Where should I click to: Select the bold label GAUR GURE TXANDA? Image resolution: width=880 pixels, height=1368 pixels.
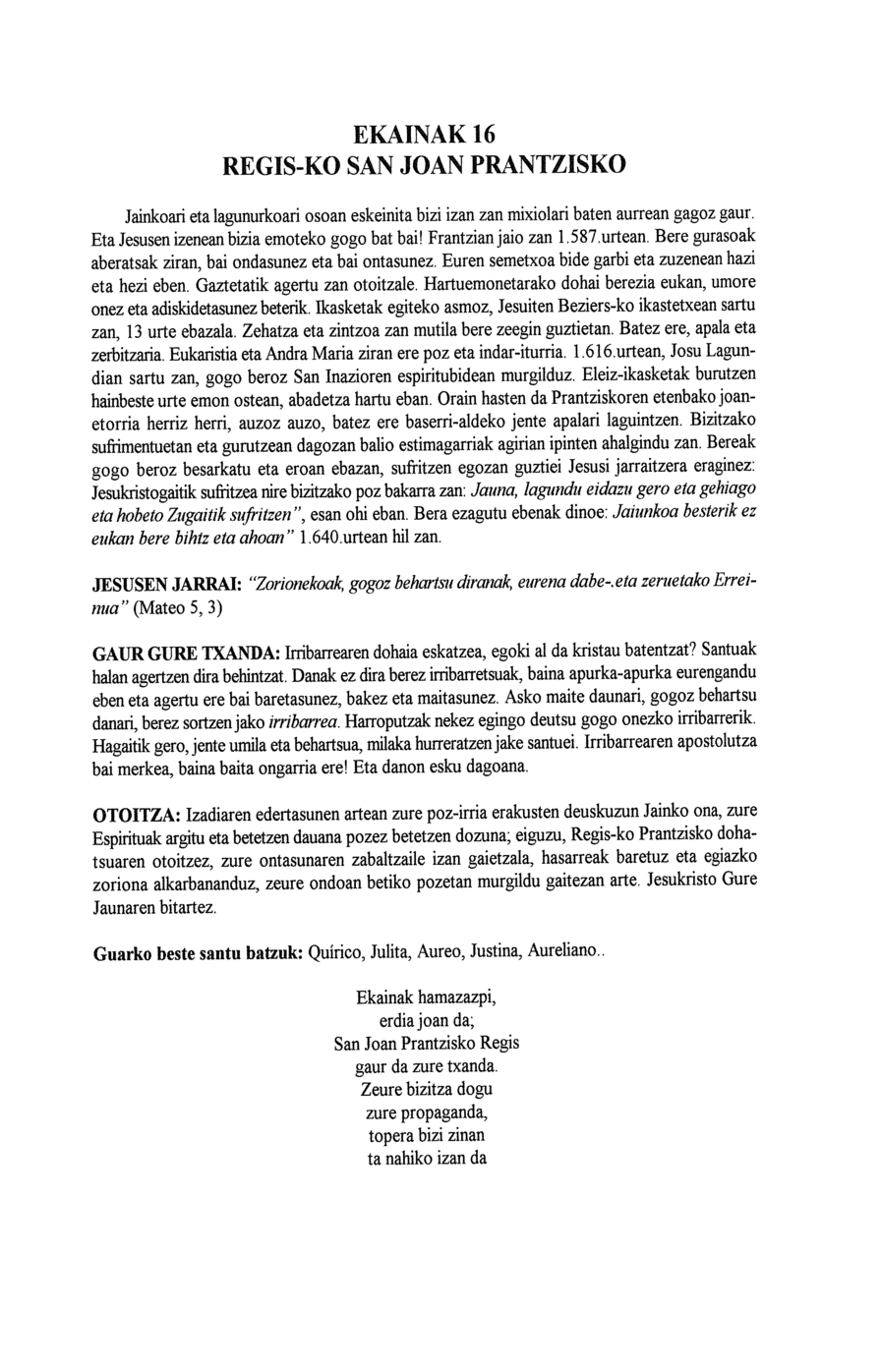(186, 655)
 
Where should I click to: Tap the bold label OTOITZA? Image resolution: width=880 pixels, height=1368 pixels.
(135, 816)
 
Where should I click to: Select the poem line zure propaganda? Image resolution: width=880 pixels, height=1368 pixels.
(426, 1112)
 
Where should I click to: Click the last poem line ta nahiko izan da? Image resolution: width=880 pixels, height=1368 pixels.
(426, 1158)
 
